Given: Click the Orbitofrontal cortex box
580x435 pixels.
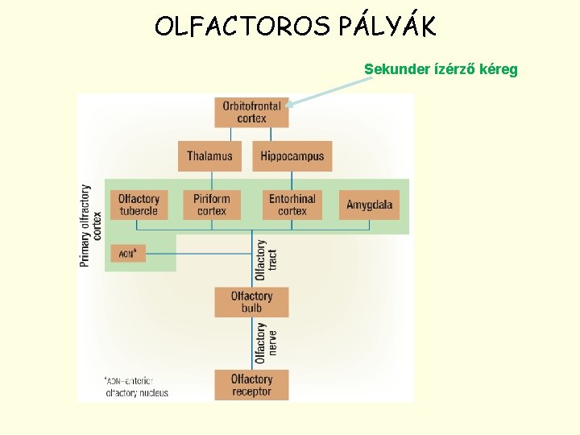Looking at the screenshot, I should tap(251, 112).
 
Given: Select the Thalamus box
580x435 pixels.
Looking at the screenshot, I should tap(209, 156).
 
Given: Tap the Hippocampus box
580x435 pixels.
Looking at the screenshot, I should tap(292, 156).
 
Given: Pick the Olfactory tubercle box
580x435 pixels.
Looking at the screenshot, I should tap(139, 205).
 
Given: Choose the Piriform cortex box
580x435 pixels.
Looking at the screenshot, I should tap(212, 205).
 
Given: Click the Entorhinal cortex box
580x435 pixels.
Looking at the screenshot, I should tap(292, 205).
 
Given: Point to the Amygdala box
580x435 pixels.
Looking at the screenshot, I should tap(369, 205).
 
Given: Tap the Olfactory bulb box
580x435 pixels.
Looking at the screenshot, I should tap(251, 302).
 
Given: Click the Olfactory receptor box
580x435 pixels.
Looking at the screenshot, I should tap(251, 385).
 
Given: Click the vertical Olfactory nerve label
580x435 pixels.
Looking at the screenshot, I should tap(266, 343).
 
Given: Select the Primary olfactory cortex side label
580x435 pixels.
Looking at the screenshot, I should tap(90, 226).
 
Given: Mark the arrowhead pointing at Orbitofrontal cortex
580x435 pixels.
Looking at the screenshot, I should tap(291, 103).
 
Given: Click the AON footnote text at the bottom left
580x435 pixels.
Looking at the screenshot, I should tap(135, 387).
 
